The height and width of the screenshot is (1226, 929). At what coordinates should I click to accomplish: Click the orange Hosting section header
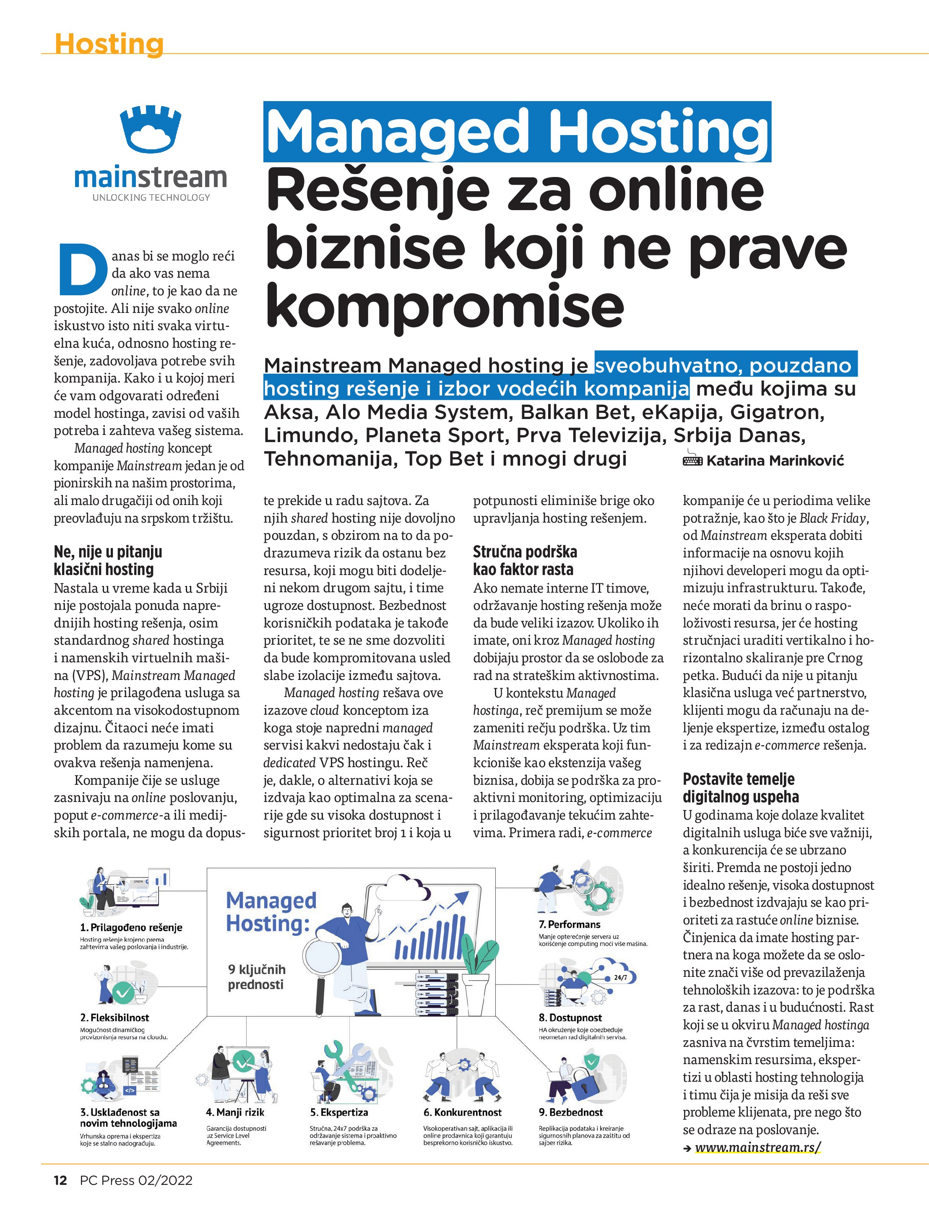[x=109, y=44]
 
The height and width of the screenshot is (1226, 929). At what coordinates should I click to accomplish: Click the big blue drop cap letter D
[x=82, y=271]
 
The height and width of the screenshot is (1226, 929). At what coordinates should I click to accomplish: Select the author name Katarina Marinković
[x=774, y=460]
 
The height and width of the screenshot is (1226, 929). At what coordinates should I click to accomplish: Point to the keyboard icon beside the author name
[x=692, y=460]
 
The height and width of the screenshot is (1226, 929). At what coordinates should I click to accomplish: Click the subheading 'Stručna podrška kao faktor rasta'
[x=524, y=560]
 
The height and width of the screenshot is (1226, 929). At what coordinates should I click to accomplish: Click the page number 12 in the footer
[x=60, y=1180]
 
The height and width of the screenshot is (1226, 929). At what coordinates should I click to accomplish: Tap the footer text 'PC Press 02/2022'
[x=136, y=1180]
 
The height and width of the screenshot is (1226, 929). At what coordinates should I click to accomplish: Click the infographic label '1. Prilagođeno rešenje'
[x=131, y=927]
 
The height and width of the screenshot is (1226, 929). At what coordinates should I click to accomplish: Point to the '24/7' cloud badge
[x=620, y=977]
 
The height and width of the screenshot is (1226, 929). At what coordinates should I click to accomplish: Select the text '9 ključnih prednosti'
[x=256, y=976]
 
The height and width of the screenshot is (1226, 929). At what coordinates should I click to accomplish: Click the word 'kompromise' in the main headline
[x=445, y=306]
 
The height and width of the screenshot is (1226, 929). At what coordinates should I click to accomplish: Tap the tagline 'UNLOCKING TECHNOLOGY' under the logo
[x=151, y=197]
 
